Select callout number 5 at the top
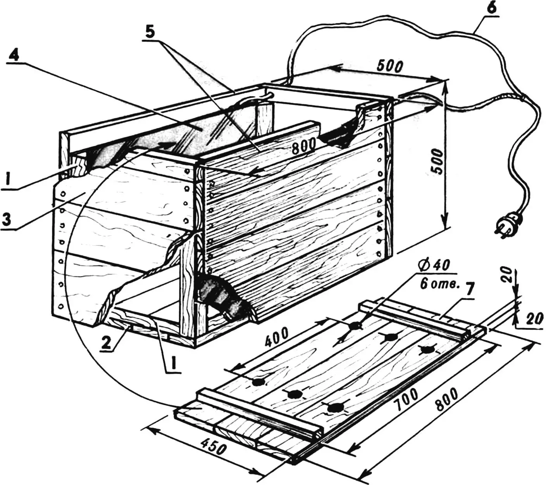coord(150,33)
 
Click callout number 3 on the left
coord(8,220)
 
